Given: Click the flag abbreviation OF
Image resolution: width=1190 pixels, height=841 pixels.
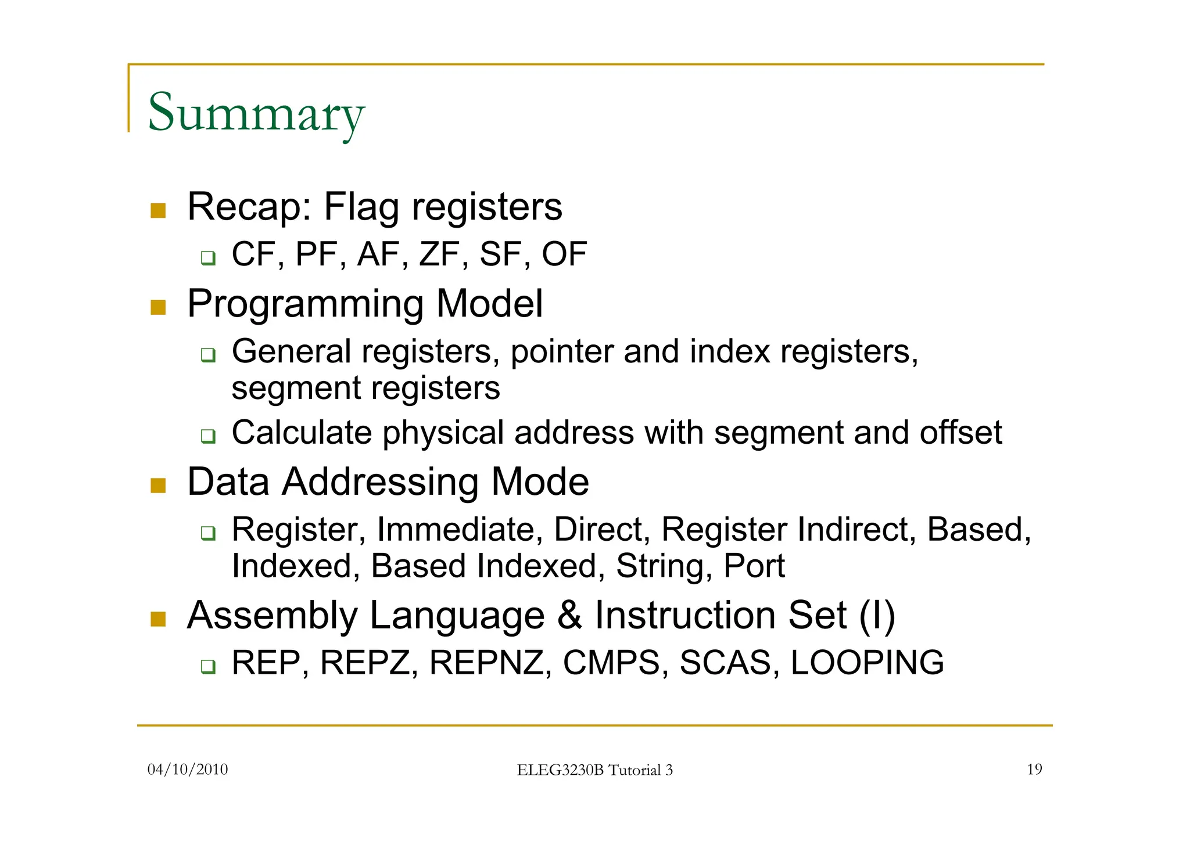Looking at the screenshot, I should (564, 254).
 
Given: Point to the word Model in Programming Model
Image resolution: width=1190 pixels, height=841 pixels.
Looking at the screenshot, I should (489, 304).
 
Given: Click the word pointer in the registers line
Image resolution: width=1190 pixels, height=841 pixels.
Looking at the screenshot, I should (561, 352).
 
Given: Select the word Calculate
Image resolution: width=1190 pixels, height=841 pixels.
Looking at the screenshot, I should (302, 433).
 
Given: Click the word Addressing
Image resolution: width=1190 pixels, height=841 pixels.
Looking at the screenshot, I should (380, 482).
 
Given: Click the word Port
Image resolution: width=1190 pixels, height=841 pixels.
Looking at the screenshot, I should (754, 566).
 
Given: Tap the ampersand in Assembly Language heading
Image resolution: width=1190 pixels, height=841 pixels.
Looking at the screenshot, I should (569, 616).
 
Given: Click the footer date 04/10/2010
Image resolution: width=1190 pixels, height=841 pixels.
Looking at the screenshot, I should (188, 770).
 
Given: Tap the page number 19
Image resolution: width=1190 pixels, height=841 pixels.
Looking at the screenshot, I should (1034, 770).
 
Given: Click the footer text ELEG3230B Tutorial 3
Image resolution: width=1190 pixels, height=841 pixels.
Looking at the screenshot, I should (594, 770).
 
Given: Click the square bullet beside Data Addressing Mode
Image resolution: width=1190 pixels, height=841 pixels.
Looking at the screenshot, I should (158, 485).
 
